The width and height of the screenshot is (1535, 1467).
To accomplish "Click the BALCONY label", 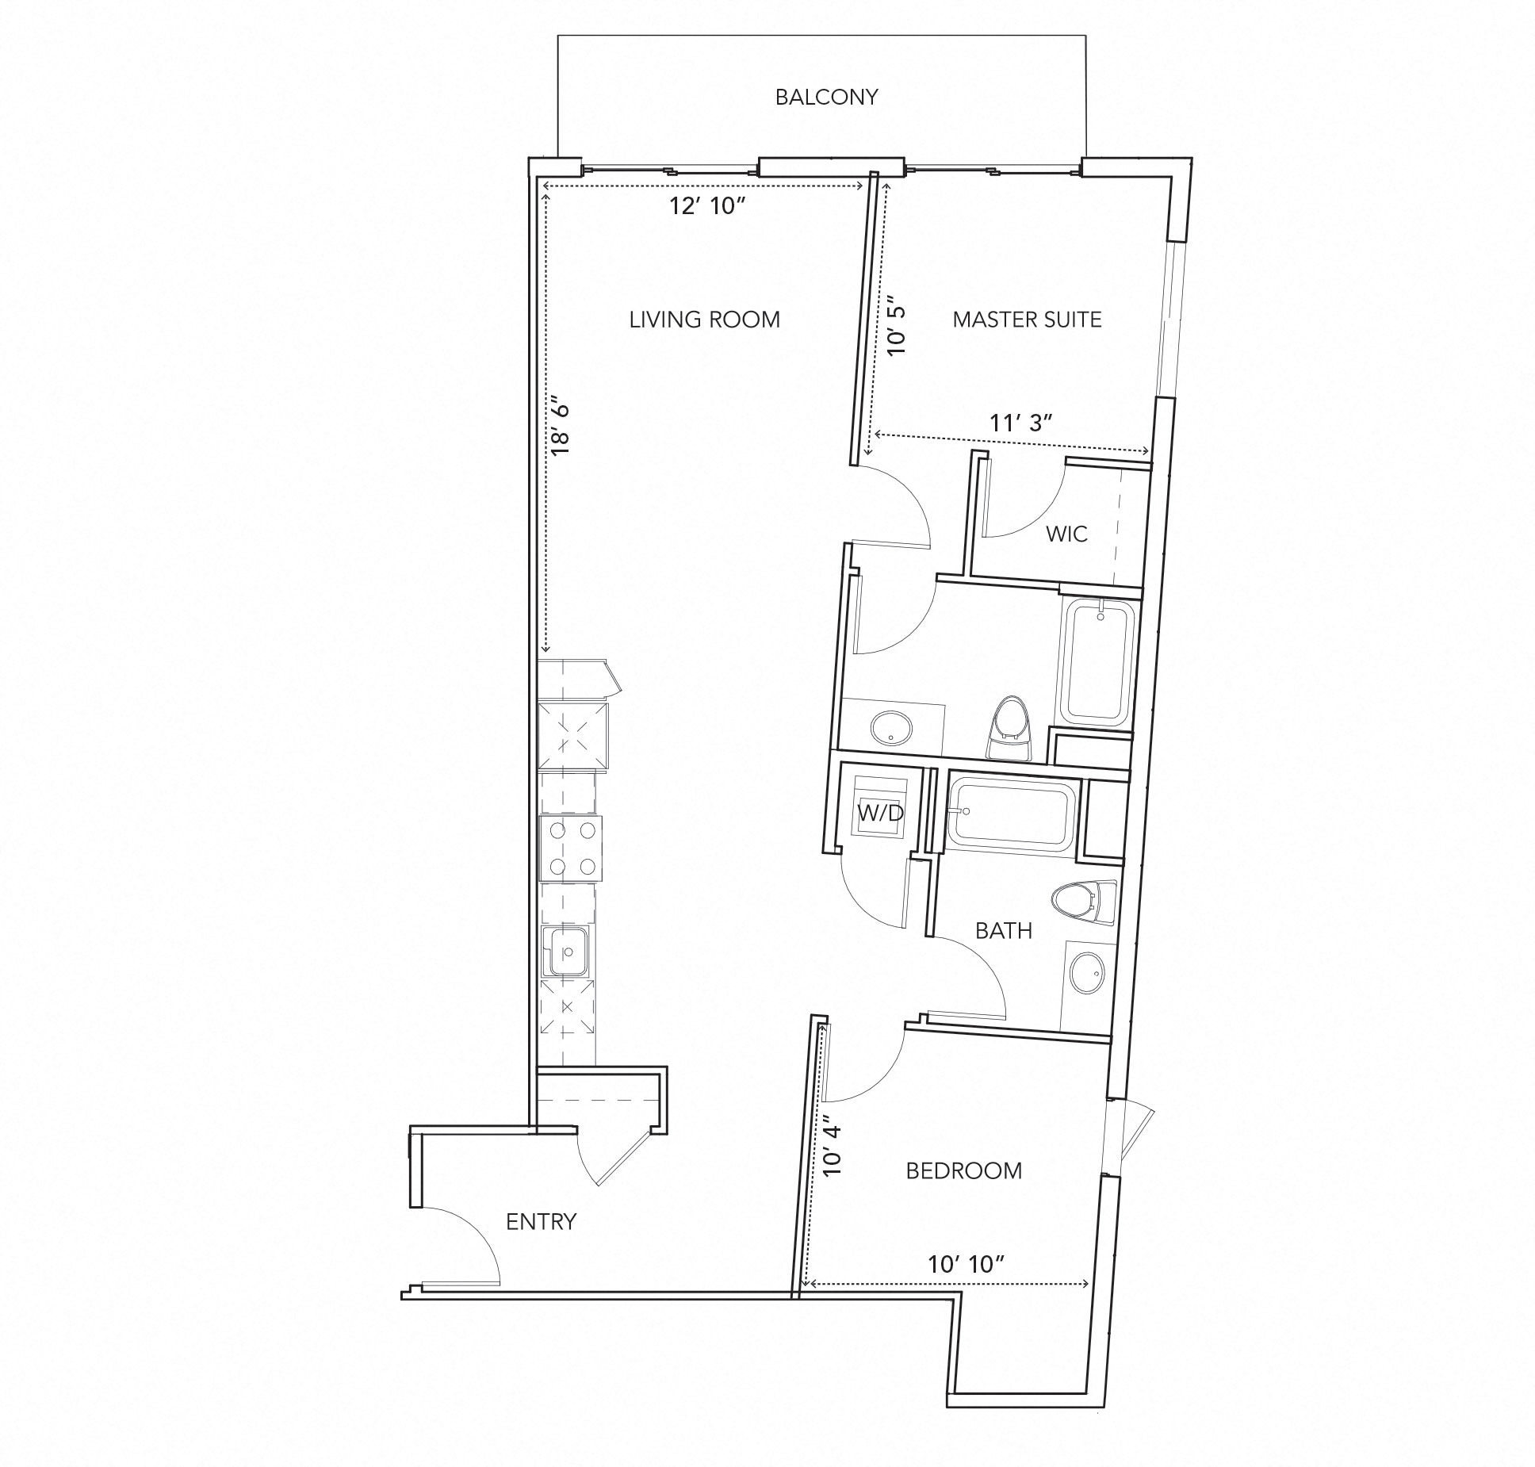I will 826,97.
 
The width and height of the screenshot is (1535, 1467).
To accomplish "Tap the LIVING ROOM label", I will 704,320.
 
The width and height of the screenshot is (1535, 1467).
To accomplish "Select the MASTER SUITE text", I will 1027,320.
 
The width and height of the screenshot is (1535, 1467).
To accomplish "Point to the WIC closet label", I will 1066,534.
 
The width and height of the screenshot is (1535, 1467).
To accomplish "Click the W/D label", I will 879,813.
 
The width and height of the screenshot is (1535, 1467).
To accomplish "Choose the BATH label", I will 1003,931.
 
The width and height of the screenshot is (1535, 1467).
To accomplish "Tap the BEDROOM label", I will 963,1170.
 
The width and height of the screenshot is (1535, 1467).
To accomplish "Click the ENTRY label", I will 541,1222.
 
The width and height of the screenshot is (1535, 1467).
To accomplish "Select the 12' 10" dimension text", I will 707,206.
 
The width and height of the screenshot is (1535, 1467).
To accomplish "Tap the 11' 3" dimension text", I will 1020,423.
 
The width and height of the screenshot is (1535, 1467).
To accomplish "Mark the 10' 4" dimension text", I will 832,1150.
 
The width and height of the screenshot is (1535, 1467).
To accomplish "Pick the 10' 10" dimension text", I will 967,1264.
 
